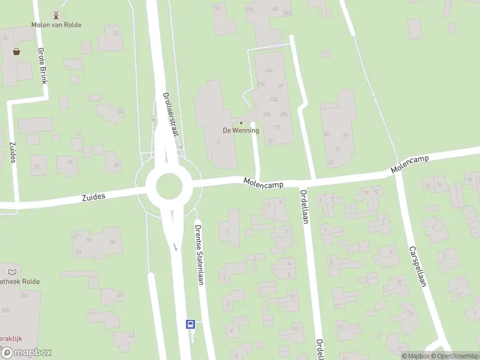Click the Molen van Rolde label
(x=56, y=25)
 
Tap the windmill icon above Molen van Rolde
(x=56, y=14)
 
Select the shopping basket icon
(x=16, y=52)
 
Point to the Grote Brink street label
(x=41, y=65)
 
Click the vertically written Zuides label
(x=13, y=152)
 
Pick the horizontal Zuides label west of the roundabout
(x=94, y=196)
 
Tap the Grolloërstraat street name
(x=171, y=114)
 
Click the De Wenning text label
(x=241, y=130)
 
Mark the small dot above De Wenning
(x=241, y=123)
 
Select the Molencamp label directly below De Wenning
(x=263, y=182)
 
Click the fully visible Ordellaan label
(x=304, y=207)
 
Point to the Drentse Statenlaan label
(x=199, y=254)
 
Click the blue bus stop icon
(x=190, y=324)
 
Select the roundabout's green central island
(x=169, y=187)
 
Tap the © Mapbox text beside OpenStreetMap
(x=415, y=356)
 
